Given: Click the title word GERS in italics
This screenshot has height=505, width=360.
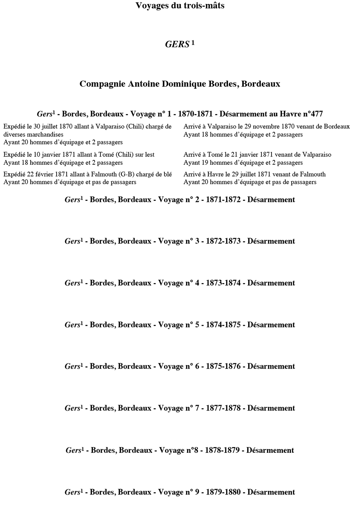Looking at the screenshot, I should coord(177,44).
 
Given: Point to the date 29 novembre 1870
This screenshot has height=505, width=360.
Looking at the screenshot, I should coord(269,127).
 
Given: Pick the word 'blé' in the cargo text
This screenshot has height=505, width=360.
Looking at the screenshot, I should coord(168,174).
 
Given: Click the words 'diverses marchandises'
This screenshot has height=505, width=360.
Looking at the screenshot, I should coord(33,135).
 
